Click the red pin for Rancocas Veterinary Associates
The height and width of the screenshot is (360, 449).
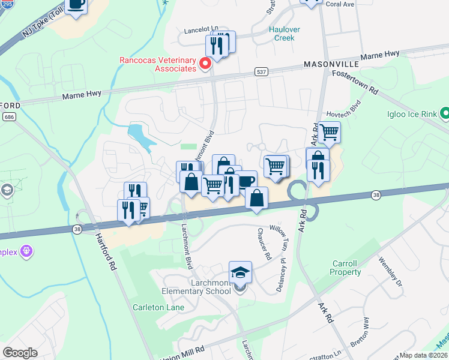205,62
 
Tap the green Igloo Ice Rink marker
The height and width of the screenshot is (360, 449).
445,113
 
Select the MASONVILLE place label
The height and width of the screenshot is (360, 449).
331,64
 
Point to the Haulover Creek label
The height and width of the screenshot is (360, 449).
284,34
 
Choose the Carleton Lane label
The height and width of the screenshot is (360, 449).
158,307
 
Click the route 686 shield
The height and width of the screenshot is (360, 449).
8,116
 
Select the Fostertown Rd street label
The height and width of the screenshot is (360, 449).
357,82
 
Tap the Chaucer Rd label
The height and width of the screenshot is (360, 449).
264,244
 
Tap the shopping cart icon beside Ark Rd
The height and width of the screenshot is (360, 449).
329,131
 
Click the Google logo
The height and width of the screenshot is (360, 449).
20,352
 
